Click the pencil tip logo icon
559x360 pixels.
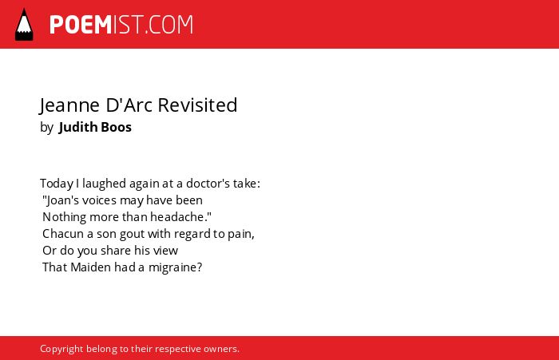(24, 25)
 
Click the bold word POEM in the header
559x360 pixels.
(81, 25)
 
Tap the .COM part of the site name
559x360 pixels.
(169, 25)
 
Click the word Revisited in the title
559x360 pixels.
(197, 105)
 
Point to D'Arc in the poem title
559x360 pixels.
(129, 105)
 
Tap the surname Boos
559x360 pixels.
(117, 127)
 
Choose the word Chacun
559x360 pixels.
(63, 234)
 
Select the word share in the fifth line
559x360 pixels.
(116, 251)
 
